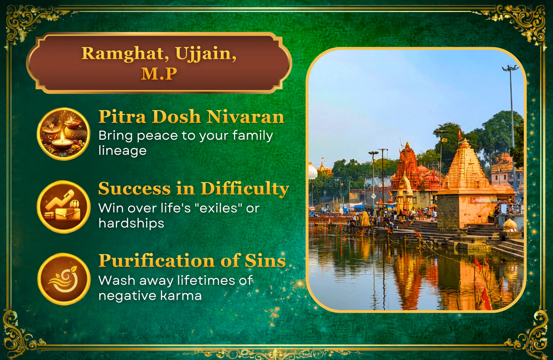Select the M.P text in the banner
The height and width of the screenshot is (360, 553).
(159, 73)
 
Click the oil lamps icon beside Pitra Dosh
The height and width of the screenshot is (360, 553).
(63, 134)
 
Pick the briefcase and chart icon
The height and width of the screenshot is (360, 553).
(63, 207)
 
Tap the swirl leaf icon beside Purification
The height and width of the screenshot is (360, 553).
(63, 279)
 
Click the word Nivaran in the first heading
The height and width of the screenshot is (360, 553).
(246, 117)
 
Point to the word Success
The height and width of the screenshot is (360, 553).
(135, 189)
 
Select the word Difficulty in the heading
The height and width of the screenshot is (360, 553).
(245, 189)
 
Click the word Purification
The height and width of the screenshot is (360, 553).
(157, 261)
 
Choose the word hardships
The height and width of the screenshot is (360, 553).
(131, 224)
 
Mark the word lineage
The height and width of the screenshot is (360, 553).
(122, 150)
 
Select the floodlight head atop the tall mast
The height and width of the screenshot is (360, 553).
(510, 68)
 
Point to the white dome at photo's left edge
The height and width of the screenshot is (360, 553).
(313, 171)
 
